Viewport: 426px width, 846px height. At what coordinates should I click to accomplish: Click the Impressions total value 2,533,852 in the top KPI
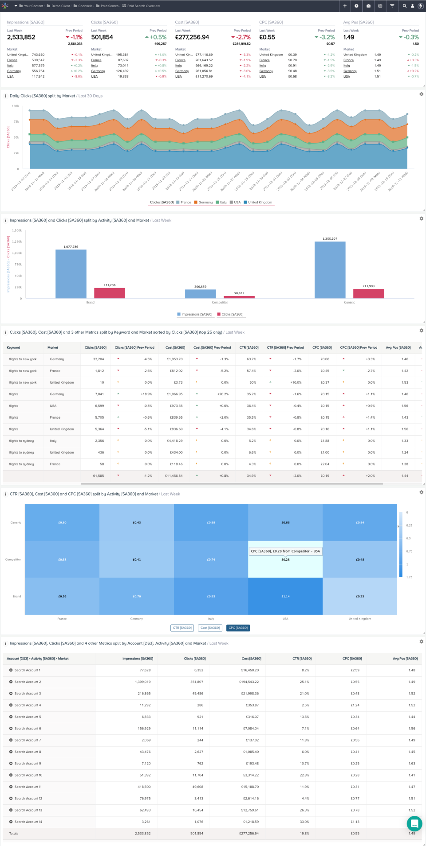[x=21, y=37]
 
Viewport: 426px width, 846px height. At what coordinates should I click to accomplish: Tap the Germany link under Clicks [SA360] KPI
[x=98, y=71]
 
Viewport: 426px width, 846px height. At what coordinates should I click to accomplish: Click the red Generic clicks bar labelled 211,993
[x=368, y=293]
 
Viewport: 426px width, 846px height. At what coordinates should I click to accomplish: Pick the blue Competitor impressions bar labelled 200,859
[x=200, y=294]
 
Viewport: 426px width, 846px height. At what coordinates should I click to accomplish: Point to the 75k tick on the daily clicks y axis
[x=16, y=121]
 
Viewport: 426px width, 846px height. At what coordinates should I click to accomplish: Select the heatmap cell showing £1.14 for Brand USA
[x=285, y=596]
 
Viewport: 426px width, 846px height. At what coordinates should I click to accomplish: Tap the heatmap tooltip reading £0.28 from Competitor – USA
[x=285, y=551]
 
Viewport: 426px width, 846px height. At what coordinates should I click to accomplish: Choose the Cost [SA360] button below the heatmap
[x=210, y=628]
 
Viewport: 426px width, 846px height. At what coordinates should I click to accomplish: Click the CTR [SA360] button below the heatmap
[x=182, y=628]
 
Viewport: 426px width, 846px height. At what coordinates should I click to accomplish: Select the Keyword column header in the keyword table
[x=13, y=347]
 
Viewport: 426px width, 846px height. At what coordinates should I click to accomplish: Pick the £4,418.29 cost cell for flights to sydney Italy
[x=174, y=441]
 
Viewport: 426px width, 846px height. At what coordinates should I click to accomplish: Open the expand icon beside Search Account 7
[x=11, y=740]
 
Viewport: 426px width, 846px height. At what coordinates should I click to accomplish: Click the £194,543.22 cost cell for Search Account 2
[x=251, y=682]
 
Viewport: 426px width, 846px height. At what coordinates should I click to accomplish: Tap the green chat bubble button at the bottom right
[x=414, y=823]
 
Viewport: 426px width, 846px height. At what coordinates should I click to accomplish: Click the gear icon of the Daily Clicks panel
[x=421, y=94]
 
